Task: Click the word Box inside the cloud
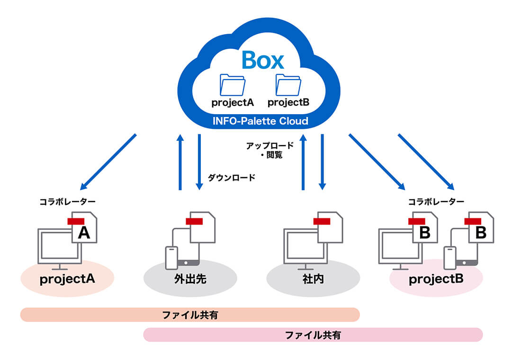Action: click(x=262, y=60)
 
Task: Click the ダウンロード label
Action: click(x=231, y=178)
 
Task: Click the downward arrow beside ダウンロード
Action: click(x=199, y=161)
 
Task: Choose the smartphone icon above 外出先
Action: click(x=171, y=258)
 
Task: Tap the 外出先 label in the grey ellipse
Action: click(x=190, y=279)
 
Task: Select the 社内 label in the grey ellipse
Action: click(x=313, y=279)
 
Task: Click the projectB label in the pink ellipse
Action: click(x=436, y=279)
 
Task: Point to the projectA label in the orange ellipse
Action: click(x=67, y=279)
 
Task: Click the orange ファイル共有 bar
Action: click(x=190, y=315)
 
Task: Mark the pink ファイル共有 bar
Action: click(x=313, y=335)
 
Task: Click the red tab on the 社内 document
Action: click(x=322, y=221)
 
